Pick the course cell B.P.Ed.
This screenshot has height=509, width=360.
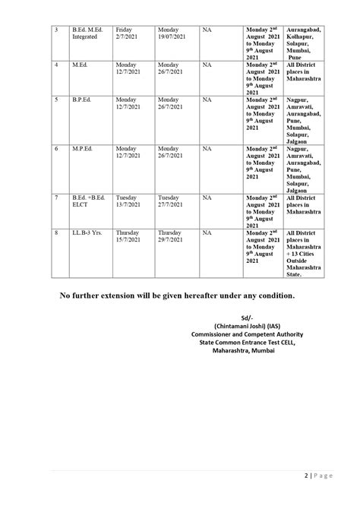82,100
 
